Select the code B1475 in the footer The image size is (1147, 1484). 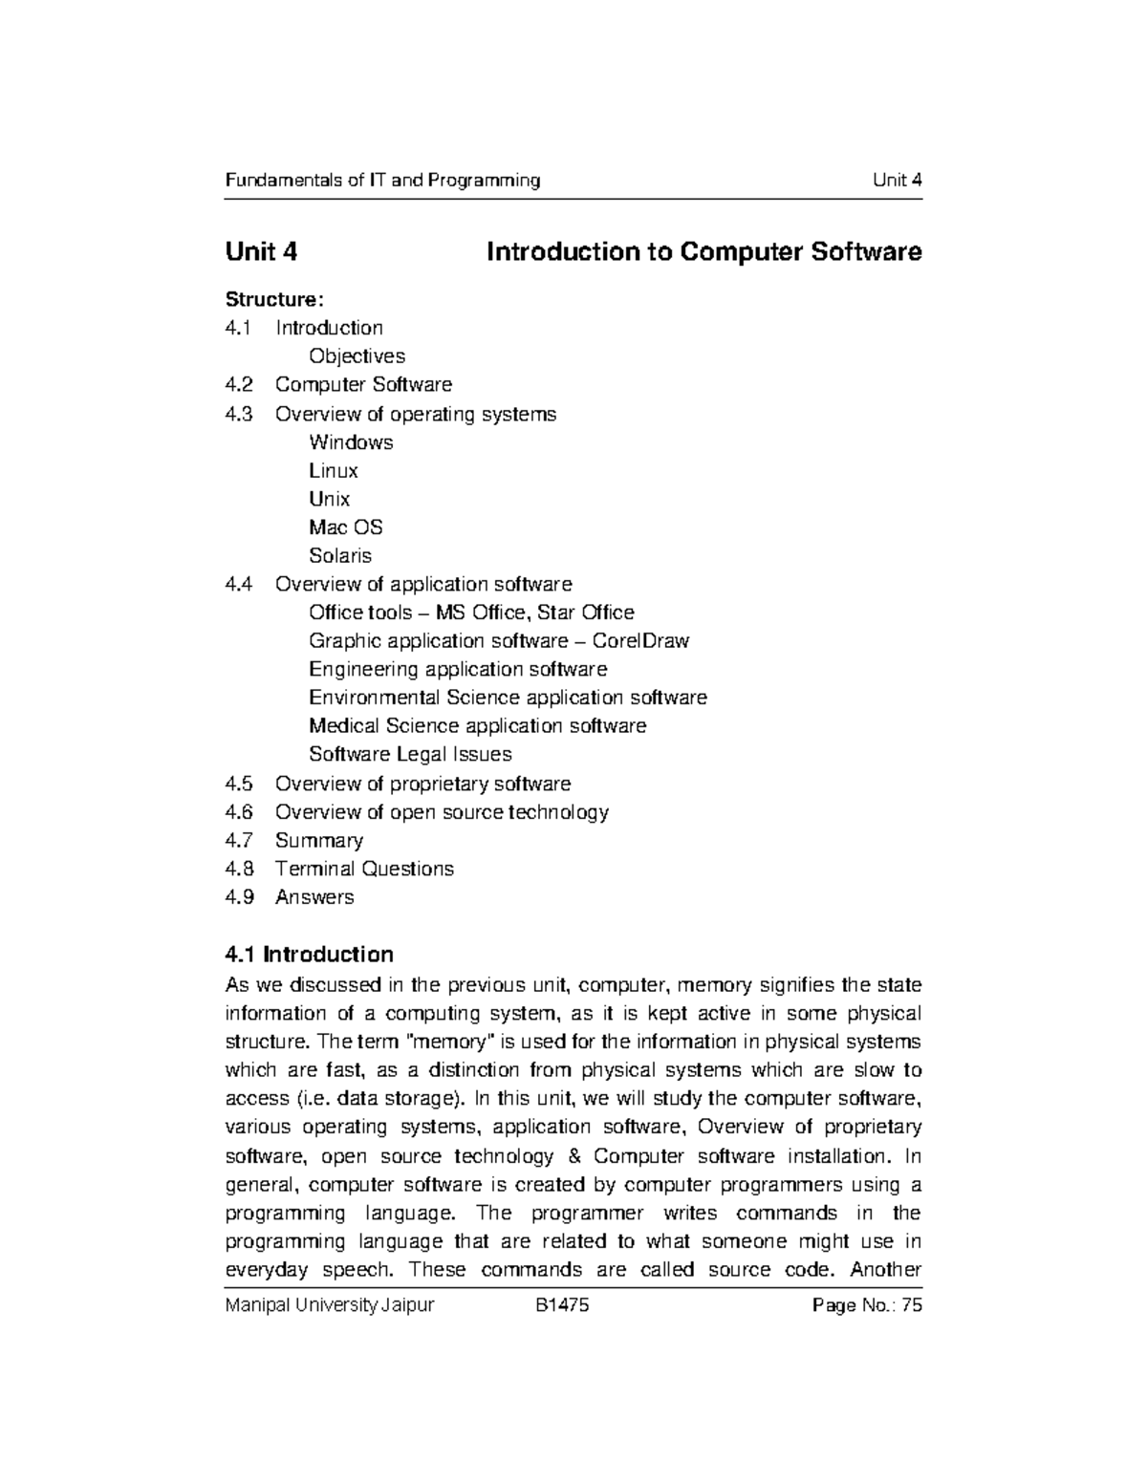562,1305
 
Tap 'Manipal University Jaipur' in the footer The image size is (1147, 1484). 329,1305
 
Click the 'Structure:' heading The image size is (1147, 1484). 268,299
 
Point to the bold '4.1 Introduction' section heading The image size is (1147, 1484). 309,955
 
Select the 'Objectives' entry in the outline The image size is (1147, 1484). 357,356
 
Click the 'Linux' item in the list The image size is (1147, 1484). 334,470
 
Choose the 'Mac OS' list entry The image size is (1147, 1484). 345,527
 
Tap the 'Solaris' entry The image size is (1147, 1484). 339,555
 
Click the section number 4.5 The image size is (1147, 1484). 239,785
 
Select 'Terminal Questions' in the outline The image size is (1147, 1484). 364,870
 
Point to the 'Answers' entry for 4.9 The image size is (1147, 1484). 314,897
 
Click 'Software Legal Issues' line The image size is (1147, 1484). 410,755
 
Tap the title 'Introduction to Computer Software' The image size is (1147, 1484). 703,252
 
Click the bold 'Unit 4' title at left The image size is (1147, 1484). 261,252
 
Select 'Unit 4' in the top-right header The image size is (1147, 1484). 897,181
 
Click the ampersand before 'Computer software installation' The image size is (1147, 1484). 573,1156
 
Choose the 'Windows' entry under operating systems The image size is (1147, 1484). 351,442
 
